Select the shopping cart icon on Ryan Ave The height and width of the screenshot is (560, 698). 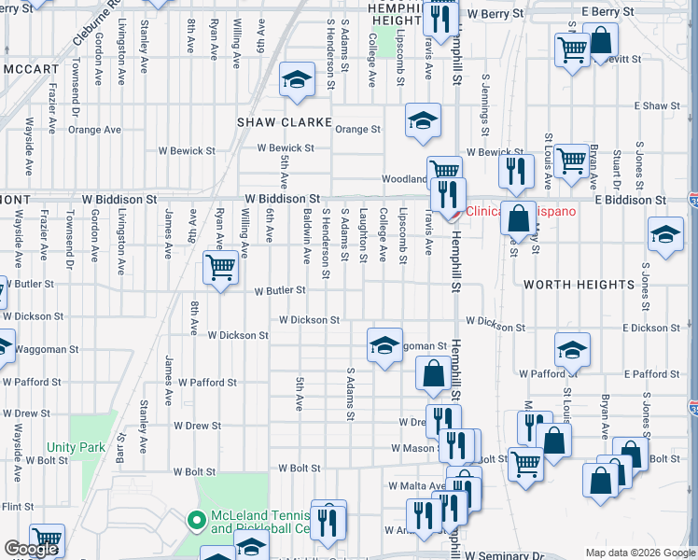point(220,269)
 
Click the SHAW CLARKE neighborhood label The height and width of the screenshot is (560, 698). point(272,122)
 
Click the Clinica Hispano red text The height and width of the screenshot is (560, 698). point(521,211)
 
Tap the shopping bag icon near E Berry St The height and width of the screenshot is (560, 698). point(602,41)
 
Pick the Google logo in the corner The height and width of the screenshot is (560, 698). point(32,549)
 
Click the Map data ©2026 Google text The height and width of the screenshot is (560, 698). point(639,553)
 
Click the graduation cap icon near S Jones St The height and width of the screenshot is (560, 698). point(666,234)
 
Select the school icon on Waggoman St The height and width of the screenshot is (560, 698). point(384,345)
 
